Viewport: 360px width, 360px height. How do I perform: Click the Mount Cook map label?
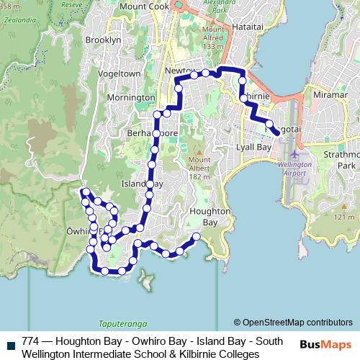click(144, 6)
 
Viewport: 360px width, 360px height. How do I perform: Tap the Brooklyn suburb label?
click(103, 40)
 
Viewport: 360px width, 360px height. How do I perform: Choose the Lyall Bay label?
click(253, 147)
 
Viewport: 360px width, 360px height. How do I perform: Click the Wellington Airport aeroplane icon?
click(294, 154)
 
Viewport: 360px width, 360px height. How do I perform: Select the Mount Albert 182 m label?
click(199, 167)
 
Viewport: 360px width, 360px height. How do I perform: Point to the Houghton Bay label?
click(210, 217)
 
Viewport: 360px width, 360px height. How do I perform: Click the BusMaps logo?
click(325, 344)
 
